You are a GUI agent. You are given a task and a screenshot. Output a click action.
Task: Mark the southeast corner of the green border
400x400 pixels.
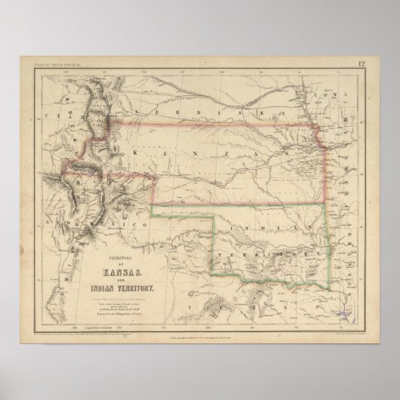pos(330,266)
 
